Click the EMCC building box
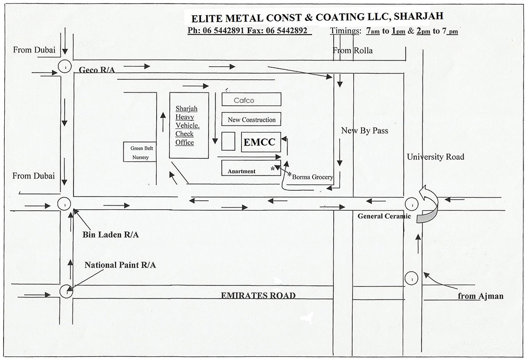coord(261,142)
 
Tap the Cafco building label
coord(251,99)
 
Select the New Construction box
coord(251,120)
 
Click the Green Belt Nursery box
coord(140,152)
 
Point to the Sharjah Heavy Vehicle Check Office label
coord(185,126)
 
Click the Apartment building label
coord(242,171)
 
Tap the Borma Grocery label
coord(313,177)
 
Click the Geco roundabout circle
coord(65,68)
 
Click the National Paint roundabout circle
coord(65,289)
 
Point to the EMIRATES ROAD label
coord(258,295)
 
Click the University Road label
coord(435,157)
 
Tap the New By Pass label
coord(364,130)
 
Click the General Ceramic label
coord(381,216)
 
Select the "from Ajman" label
coord(480,296)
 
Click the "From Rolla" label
coord(353,50)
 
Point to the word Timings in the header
coord(344,30)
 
